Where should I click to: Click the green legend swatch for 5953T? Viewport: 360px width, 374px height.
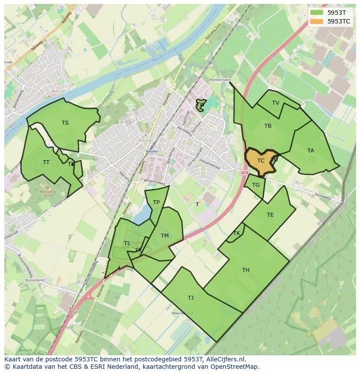317,13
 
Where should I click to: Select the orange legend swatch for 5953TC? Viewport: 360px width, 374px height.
317,21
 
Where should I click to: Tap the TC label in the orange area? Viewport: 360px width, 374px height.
261,161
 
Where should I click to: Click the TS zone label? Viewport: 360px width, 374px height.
65,123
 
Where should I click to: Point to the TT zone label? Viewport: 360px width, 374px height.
46,162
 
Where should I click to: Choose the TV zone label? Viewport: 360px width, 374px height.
276,103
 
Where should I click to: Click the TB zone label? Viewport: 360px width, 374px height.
268,126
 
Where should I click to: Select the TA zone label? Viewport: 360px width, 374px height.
310,151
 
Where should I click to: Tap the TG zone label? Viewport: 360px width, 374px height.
256,185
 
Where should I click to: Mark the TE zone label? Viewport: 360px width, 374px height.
270,215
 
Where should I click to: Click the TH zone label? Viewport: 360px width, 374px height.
246,270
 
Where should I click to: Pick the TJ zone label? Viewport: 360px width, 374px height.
190,298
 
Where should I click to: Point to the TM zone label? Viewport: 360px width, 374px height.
164,236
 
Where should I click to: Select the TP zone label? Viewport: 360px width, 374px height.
156,202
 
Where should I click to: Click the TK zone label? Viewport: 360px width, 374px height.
237,233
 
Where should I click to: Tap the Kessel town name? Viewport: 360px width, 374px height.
59,91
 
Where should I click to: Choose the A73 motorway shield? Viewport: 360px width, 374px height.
244,173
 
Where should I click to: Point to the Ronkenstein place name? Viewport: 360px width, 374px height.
220,80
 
